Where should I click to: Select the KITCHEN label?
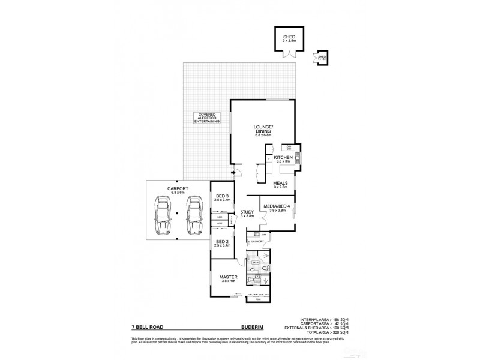pyautogui.click(x=283, y=158)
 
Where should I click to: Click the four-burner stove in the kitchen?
pyautogui.click(x=289, y=148)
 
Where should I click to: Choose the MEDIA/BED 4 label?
pyautogui.click(x=275, y=207)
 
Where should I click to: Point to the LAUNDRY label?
pyautogui.click(x=257, y=241)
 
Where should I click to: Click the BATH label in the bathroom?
pyautogui.click(x=254, y=262)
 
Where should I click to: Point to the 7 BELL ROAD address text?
pyautogui.click(x=147, y=327)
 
